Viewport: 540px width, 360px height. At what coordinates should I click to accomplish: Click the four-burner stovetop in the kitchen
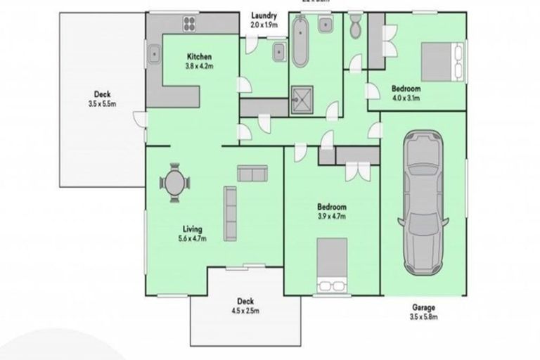point(191,24)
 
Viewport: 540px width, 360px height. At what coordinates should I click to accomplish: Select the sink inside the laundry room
point(278,51)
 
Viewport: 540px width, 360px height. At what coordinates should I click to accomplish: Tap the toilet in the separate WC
point(355,25)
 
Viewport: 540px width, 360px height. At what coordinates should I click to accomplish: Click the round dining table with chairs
point(174,184)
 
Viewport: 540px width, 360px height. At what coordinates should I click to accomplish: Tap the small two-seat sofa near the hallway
point(252,173)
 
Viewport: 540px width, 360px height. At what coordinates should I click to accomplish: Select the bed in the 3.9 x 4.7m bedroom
point(333,264)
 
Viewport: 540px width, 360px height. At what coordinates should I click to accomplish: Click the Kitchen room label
point(199,56)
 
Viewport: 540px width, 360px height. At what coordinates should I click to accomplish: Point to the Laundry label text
point(264,15)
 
